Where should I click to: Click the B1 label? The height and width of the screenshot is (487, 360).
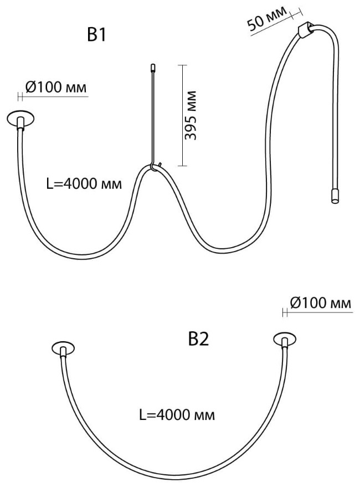pyautogui.click(x=96, y=34)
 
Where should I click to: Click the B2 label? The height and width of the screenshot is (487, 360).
pyautogui.click(x=199, y=339)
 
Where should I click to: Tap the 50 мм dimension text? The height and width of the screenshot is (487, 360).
pyautogui.click(x=267, y=18)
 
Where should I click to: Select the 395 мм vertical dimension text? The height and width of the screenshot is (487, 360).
pyautogui.click(x=191, y=115)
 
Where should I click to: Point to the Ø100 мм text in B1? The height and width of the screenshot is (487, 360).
pyautogui.click(x=56, y=88)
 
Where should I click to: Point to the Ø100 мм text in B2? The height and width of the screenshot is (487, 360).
pyautogui.click(x=321, y=303)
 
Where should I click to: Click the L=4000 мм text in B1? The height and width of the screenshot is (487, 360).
pyautogui.click(x=84, y=184)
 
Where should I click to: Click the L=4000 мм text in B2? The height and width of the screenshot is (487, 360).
pyautogui.click(x=177, y=415)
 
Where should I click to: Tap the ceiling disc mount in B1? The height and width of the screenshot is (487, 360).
pyautogui.click(x=21, y=119)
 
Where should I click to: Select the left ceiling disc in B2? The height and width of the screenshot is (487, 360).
pyautogui.click(x=63, y=349)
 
